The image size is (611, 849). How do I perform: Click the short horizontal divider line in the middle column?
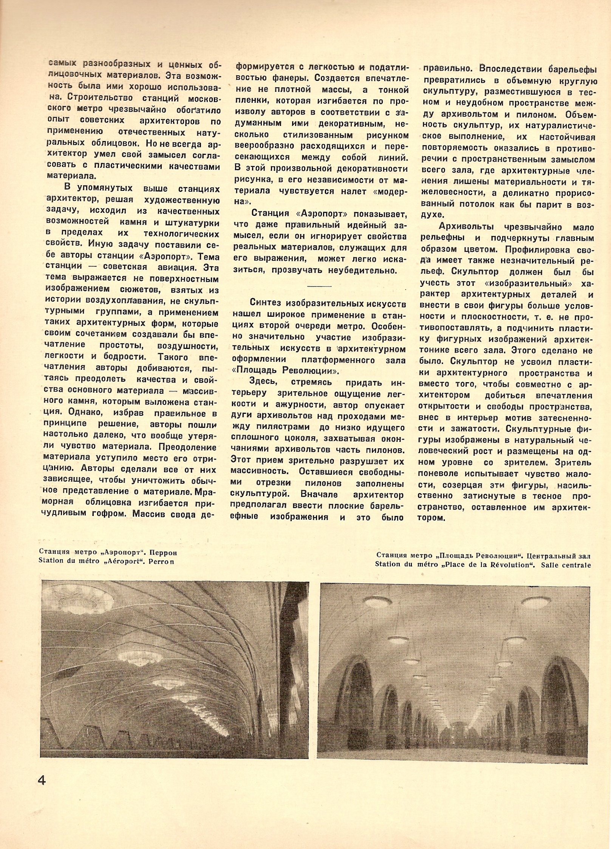319,286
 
